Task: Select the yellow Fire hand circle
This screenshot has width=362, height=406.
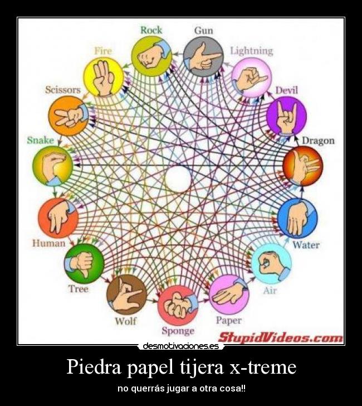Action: (103, 77)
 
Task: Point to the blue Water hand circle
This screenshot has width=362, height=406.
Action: (297, 218)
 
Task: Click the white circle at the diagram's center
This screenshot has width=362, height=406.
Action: (178, 178)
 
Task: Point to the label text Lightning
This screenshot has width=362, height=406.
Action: (252, 51)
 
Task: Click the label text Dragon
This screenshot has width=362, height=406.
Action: (318, 140)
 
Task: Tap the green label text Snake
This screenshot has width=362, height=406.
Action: (40, 140)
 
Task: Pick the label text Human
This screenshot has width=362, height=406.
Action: (48, 243)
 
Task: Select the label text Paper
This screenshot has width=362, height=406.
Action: (228, 320)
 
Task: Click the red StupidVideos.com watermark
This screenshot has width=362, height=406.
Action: (280, 337)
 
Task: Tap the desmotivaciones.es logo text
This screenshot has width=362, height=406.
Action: (180, 346)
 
